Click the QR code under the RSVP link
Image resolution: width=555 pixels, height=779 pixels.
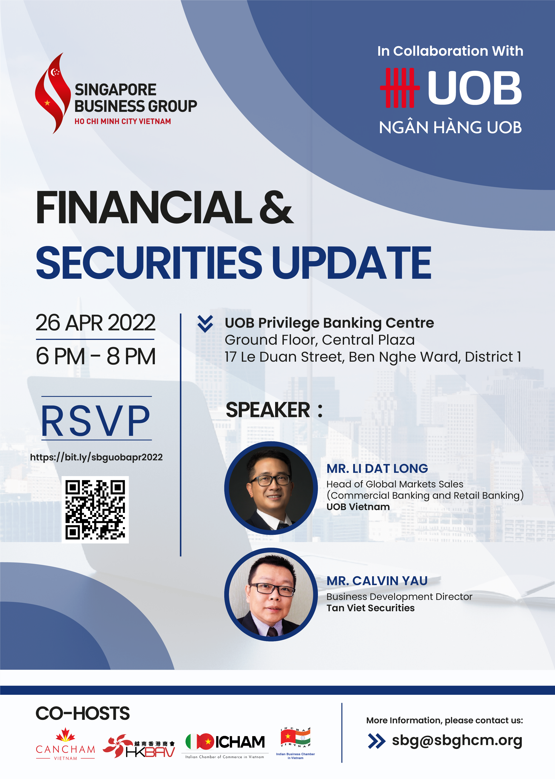tap(95, 510)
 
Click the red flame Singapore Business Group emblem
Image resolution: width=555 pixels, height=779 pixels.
tap(53, 93)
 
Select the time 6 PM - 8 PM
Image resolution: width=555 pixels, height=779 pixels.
tap(96, 356)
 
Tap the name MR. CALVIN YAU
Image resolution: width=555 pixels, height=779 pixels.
tap(377, 581)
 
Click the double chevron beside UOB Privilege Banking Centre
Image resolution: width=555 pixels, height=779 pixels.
tap(205, 324)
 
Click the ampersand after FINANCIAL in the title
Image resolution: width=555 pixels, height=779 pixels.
tap(276, 207)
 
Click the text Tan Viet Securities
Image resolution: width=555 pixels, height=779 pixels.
tap(370, 608)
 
